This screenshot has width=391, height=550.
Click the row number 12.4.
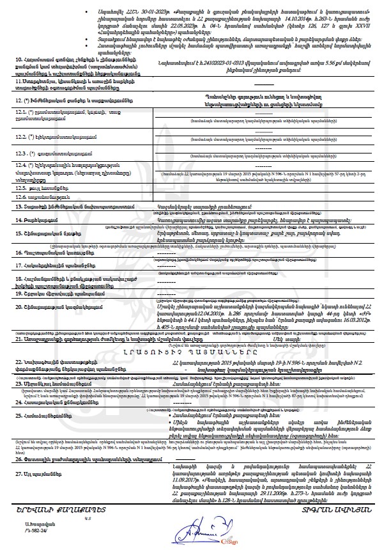point(21,164)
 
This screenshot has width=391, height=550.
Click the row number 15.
point(19,234)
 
